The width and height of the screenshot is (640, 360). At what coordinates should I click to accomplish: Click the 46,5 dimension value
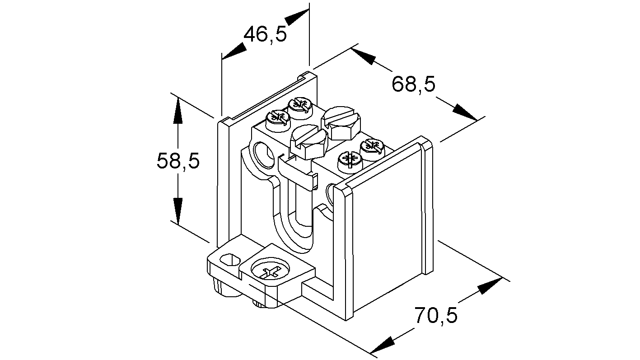pyautogui.click(x=265, y=35)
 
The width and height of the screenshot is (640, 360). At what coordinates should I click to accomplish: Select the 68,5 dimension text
pyautogui.click(x=413, y=84)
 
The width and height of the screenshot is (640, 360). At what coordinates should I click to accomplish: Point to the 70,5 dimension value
pyautogui.click(x=436, y=315)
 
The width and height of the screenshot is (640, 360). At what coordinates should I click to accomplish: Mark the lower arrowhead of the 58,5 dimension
pyautogui.click(x=178, y=211)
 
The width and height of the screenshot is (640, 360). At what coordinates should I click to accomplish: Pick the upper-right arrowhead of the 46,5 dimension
pyautogui.click(x=297, y=18)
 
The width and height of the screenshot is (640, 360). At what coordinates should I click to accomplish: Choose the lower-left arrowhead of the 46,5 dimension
pyautogui.click(x=234, y=51)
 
